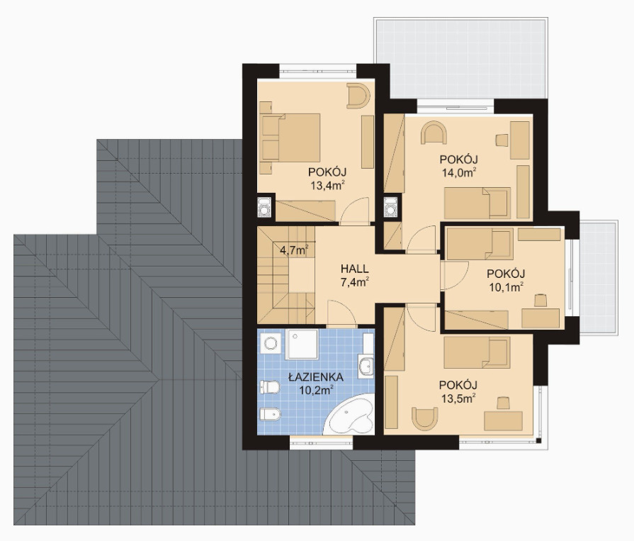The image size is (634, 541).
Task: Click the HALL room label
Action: pos(355,269)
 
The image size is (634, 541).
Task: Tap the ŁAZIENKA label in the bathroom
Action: pos(316,377)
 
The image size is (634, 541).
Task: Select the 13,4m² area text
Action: pos(327,185)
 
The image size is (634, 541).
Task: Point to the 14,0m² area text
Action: pos(458,172)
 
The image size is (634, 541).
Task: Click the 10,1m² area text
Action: pos(506,287)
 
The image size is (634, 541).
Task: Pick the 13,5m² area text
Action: pos(458,398)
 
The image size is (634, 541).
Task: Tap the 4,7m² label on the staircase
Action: pos(295,250)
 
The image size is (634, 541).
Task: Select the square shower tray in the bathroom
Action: pos(302,344)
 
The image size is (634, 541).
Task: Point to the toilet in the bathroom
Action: pos(269,388)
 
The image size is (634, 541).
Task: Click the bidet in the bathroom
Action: pos(270,414)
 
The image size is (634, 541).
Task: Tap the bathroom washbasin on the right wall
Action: pos(366,366)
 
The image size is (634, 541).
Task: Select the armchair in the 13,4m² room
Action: pos(358,96)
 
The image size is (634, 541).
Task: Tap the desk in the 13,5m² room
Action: pos(504,421)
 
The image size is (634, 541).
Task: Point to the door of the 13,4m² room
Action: pos(355,211)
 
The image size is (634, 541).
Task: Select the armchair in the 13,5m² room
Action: pos(425,418)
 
